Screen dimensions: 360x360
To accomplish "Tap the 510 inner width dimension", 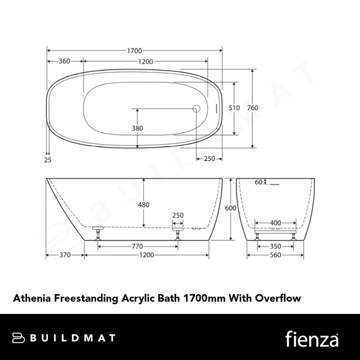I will (x=235, y=107).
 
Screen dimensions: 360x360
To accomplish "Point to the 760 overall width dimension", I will (x=253, y=107).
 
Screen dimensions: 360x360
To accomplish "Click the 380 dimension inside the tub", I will (x=137, y=128).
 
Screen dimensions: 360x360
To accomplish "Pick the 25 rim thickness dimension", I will (x=47, y=159).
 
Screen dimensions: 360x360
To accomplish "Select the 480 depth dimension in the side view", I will (x=143, y=205).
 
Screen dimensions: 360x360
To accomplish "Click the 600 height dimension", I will (x=231, y=208).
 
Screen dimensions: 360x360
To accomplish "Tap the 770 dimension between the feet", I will (x=137, y=246).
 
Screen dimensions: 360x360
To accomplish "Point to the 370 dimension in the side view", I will (x=65, y=255).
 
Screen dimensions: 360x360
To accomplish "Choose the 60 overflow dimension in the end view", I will (x=258, y=182).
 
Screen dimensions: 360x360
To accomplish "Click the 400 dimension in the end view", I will (x=275, y=223).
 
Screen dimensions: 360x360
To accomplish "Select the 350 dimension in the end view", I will (x=275, y=246).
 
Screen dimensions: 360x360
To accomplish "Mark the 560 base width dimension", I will (x=275, y=255).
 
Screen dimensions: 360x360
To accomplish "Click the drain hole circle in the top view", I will (x=195, y=109).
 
